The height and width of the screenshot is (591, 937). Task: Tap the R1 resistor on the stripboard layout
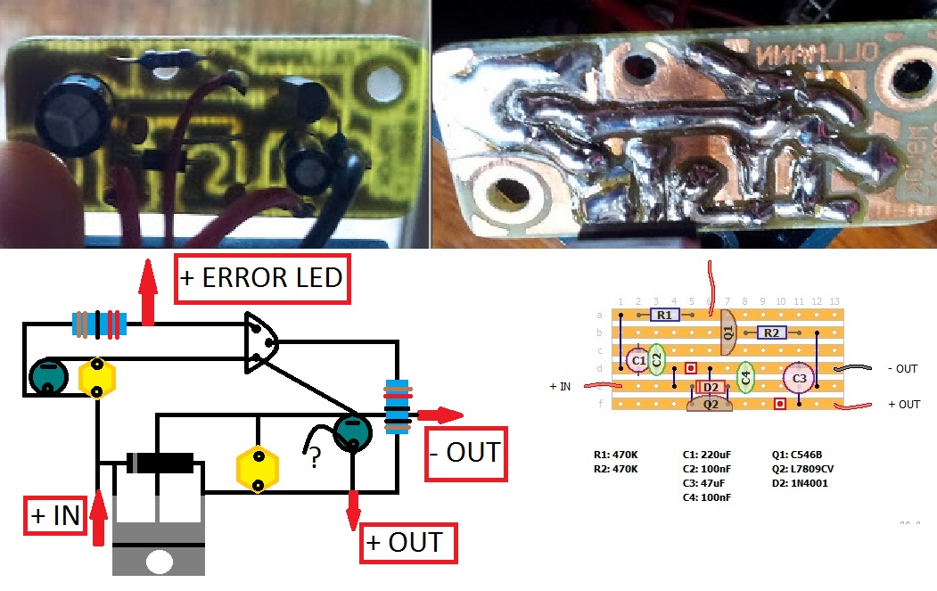coord(662,315)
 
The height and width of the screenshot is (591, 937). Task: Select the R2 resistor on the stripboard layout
coord(770,332)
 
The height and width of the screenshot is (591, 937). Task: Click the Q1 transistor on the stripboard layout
coord(727,332)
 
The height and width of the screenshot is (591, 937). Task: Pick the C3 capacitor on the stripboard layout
coord(799,378)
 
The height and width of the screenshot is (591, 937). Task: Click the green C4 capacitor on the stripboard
coord(746,377)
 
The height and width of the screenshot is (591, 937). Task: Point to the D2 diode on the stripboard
coord(711,387)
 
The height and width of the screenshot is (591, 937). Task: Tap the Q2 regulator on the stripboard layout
coord(711,405)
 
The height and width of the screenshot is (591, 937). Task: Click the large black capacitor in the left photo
coord(70,115)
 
